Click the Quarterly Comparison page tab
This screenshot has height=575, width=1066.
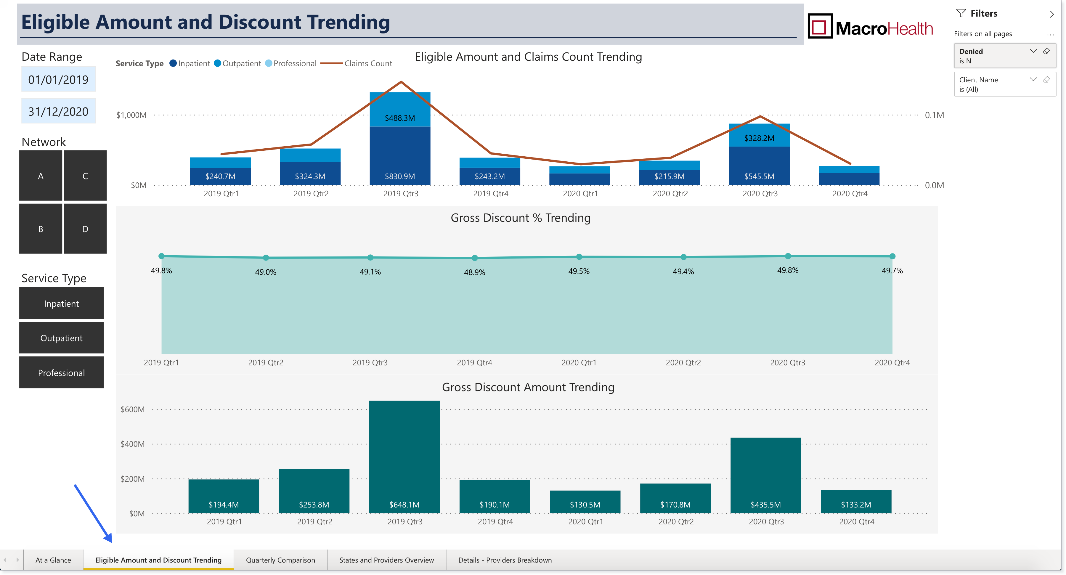click(x=280, y=560)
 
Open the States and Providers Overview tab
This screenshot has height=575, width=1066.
click(x=386, y=560)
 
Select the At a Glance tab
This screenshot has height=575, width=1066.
click(x=53, y=560)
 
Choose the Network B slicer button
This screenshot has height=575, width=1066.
click(x=41, y=229)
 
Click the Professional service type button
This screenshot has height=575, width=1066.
click(x=61, y=373)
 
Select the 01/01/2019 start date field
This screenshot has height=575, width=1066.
click(x=58, y=79)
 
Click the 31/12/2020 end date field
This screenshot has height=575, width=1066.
click(x=58, y=111)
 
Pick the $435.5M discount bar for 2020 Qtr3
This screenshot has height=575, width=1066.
click(x=765, y=475)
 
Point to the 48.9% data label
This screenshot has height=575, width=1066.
click(x=474, y=272)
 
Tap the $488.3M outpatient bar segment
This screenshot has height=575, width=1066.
click(x=400, y=109)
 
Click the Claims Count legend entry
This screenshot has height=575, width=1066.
click(x=356, y=63)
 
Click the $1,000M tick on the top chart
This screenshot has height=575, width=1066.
click(x=131, y=115)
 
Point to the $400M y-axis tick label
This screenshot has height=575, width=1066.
click(x=132, y=444)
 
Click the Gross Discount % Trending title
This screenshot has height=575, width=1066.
click(x=521, y=218)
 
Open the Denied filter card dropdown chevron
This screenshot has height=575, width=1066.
click(x=1033, y=51)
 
